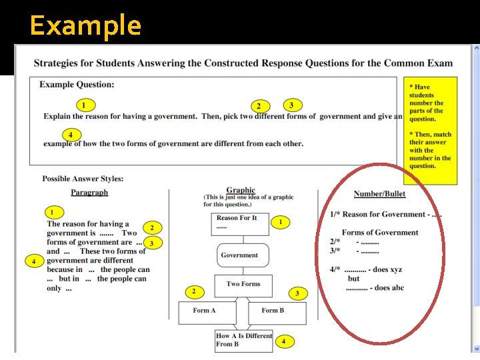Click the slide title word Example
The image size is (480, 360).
(85, 26)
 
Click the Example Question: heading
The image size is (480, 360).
(77, 85)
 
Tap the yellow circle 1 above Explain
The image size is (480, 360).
(84, 105)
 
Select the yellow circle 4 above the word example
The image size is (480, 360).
(70, 133)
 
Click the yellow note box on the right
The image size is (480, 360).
(432, 130)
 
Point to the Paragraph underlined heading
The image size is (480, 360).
(89, 192)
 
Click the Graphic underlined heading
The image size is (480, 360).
(241, 190)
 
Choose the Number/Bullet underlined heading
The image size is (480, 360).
(379, 194)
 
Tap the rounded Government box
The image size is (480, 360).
(239, 255)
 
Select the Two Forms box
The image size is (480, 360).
(243, 285)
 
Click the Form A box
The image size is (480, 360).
(205, 311)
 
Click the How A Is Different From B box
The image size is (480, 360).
(244, 340)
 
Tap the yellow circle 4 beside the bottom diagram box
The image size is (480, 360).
(283, 341)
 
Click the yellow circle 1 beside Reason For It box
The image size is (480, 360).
(281, 221)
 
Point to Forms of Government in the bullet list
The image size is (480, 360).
(380, 233)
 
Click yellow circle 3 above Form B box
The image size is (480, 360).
(297, 293)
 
